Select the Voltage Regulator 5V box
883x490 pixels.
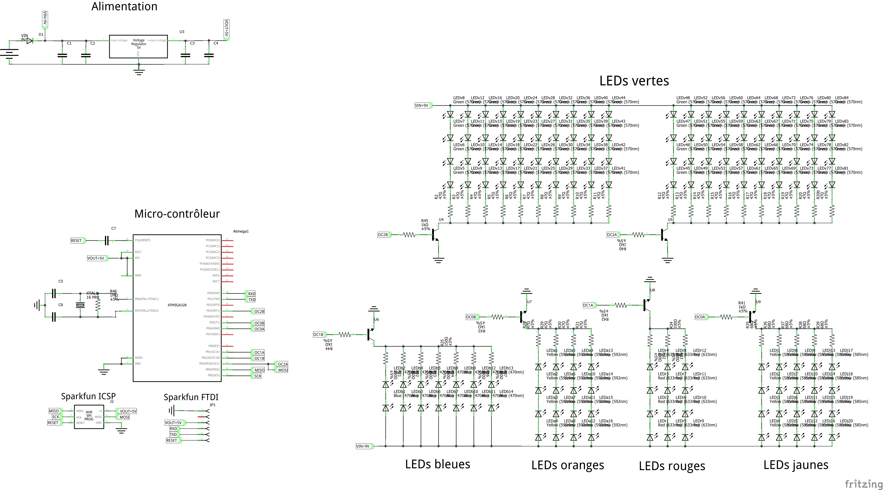138,46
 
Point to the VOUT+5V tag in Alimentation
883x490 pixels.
226,29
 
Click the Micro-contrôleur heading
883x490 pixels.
177,214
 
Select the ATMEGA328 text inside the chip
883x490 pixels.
177,305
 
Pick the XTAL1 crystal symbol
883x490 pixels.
80,305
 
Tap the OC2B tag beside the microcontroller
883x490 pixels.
259,311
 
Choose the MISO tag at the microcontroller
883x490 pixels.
259,370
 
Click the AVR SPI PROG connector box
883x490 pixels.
89,416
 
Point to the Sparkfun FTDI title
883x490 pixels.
191,397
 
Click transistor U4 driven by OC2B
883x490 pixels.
435,235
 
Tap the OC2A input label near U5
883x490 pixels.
612,235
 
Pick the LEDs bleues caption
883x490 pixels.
437,464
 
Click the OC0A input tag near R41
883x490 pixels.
700,317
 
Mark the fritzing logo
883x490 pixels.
863,484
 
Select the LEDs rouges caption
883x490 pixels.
672,466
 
